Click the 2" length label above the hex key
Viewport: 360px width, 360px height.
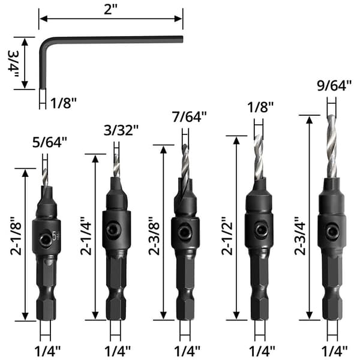[x=110, y=10]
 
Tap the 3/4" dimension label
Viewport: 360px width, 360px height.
[x=14, y=64]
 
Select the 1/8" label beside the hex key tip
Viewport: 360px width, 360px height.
[x=64, y=103]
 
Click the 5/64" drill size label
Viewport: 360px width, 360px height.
[x=50, y=142]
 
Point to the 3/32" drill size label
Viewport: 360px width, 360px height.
[x=121, y=130]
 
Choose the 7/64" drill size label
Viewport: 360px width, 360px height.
[x=190, y=116]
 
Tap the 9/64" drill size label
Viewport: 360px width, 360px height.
[x=334, y=86]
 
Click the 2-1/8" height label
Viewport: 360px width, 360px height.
[x=16, y=236]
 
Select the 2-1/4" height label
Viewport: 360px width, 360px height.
[x=86, y=236]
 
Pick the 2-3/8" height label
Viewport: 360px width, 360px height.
[x=154, y=236]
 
